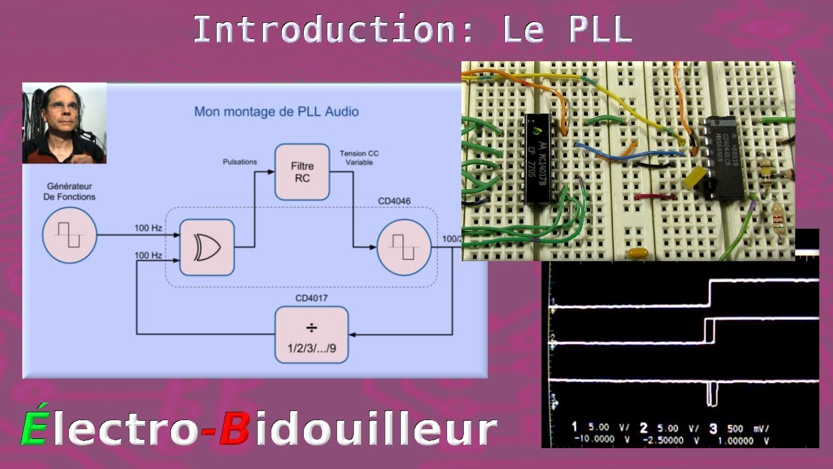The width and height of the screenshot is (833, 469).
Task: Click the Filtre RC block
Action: [x=302, y=172]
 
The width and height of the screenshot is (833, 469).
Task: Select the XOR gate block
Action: [x=206, y=248]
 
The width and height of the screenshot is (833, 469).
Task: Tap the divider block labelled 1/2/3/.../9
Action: [x=312, y=334]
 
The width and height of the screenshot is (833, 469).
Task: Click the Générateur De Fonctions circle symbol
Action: [x=69, y=236]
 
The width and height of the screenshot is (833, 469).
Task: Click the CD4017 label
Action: [x=312, y=298]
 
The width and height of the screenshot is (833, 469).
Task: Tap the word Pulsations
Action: [x=239, y=162]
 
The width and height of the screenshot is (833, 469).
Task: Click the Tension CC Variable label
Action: [x=359, y=158]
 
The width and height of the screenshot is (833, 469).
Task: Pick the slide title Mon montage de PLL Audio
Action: [x=276, y=111]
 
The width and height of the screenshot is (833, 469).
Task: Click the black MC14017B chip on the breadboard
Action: [x=538, y=159]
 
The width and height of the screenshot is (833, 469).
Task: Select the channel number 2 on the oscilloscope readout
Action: [x=643, y=428]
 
